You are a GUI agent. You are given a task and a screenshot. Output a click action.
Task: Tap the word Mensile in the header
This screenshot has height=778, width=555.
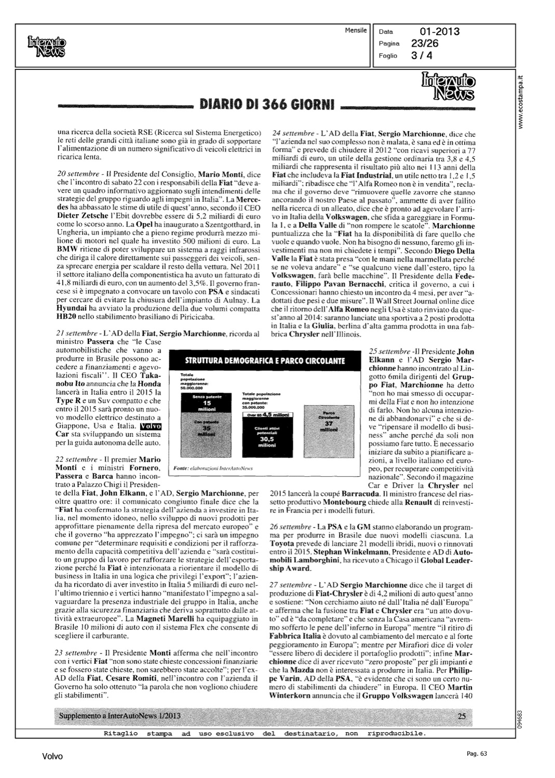(x=356, y=31)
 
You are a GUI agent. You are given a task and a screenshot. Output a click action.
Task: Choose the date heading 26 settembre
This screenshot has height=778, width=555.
(x=292, y=526)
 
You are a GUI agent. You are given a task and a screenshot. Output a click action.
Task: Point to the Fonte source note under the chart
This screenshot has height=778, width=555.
(x=213, y=467)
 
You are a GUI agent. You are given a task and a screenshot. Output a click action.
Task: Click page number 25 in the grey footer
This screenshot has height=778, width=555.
(x=462, y=716)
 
